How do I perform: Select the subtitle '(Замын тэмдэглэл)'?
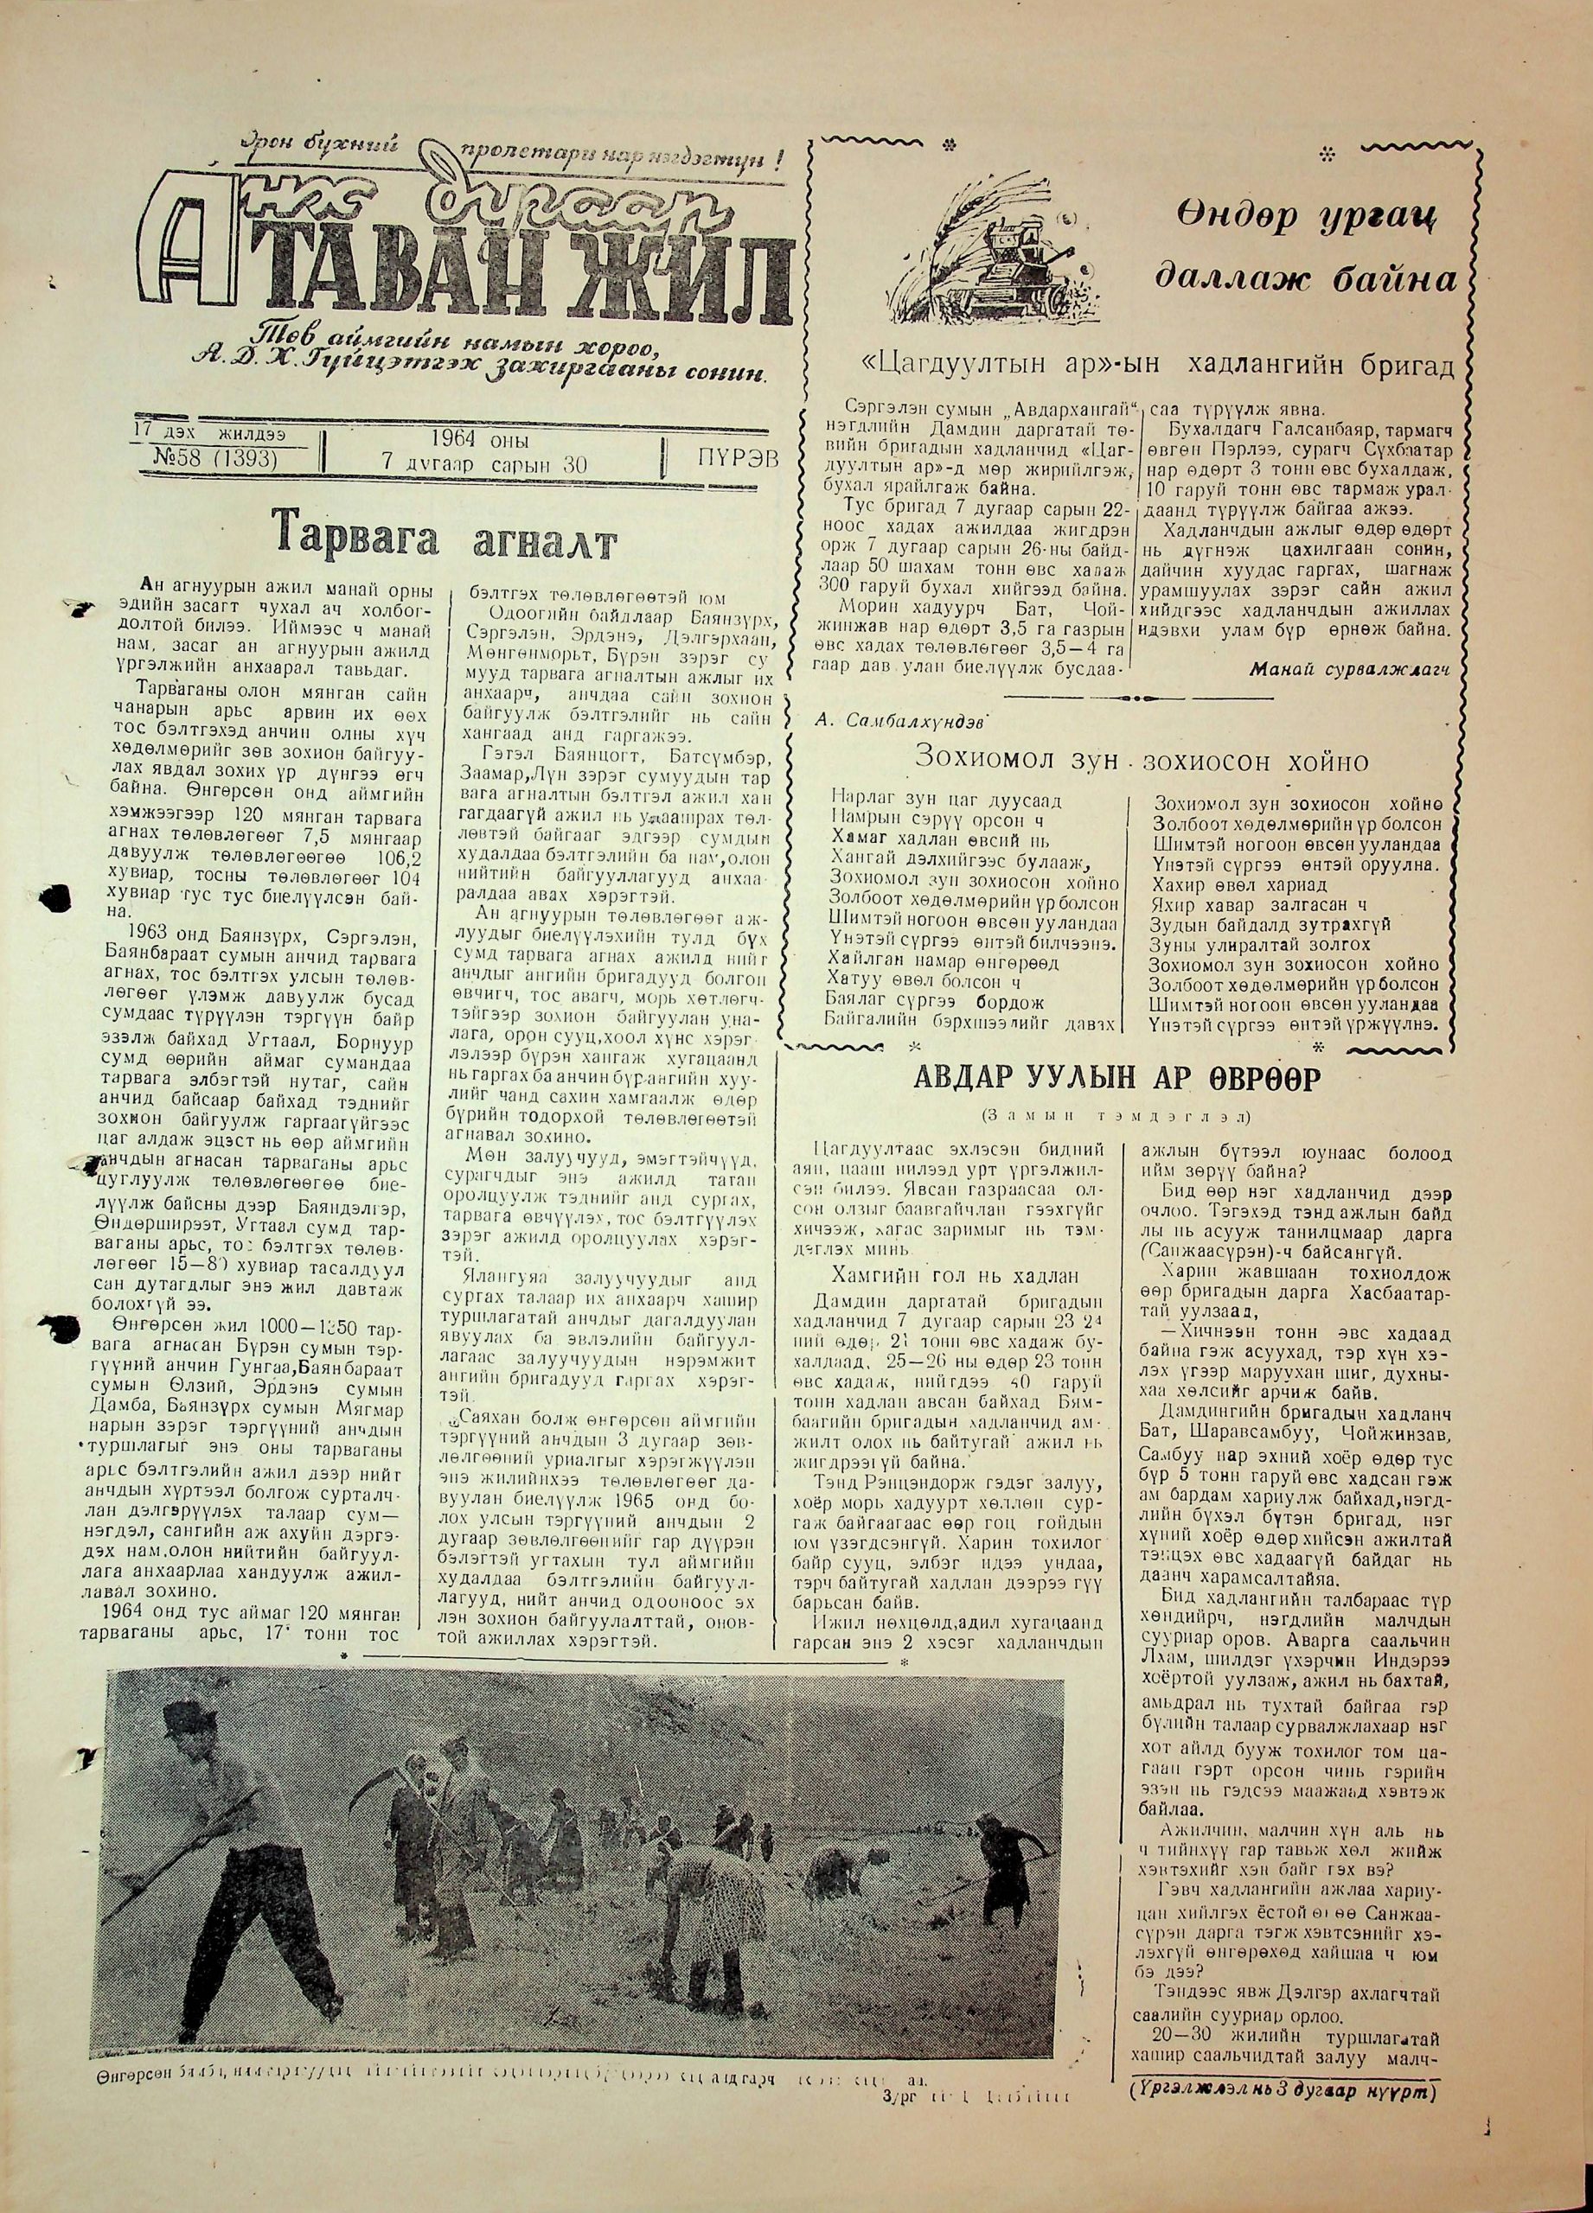pos(1117,1115)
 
